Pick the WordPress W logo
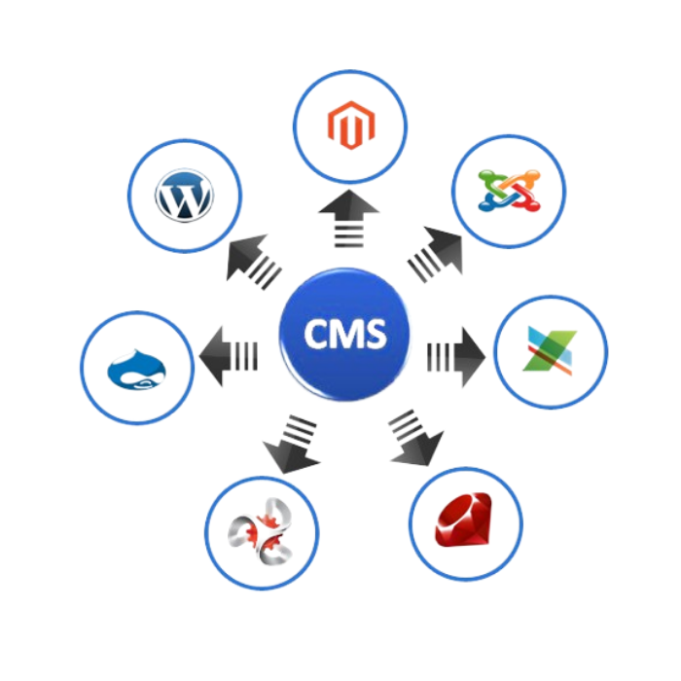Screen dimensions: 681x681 point(183,196)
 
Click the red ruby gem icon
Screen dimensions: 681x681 point(465,523)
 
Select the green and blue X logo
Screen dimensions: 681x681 point(551,350)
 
